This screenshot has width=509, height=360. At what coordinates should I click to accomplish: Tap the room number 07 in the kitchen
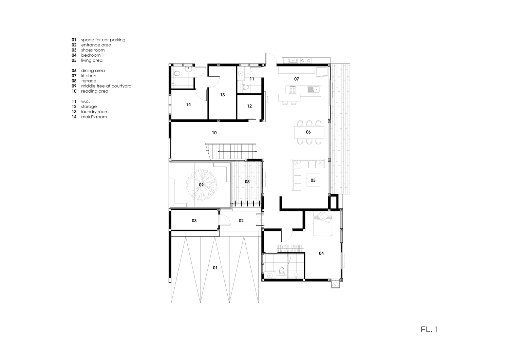[x=297, y=79]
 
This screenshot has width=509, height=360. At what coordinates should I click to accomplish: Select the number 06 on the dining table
[x=308, y=132]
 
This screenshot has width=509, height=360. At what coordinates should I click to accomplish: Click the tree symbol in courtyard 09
[x=202, y=185]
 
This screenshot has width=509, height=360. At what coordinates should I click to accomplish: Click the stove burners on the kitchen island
[x=293, y=90]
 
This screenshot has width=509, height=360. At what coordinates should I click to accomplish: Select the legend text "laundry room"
[x=95, y=112]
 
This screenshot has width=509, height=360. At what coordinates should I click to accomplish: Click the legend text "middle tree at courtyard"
[x=106, y=86]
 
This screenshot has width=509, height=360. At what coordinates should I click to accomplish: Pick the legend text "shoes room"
[x=93, y=50]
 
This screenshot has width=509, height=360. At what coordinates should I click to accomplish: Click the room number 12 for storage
[x=249, y=106]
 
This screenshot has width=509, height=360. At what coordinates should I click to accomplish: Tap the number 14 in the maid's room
[x=188, y=105]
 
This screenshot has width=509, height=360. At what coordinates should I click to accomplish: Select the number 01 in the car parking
[x=215, y=268]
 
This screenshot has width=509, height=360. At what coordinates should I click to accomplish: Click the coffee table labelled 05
[x=313, y=180]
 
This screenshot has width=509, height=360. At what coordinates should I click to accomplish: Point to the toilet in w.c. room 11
[x=245, y=87]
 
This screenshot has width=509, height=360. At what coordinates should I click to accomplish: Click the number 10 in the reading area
[x=214, y=133]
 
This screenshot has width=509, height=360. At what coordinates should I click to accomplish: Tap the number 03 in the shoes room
[x=194, y=221]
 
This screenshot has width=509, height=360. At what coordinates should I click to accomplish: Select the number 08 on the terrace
[x=247, y=182]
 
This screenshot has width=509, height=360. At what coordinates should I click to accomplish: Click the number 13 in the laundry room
[x=223, y=95]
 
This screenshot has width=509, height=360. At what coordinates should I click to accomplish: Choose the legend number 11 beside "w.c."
[x=74, y=101]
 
